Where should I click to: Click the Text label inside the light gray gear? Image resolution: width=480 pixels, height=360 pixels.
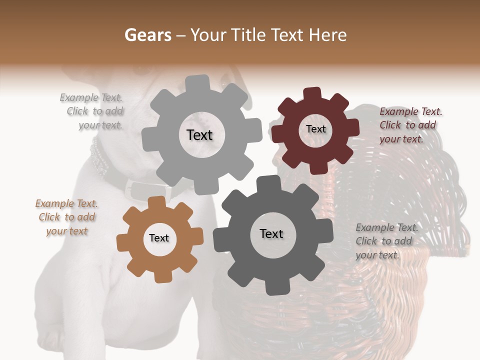coord(199,135)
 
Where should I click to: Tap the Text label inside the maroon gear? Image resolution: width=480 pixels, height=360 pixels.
coord(315,129)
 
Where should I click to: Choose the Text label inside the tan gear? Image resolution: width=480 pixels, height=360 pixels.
coord(159,238)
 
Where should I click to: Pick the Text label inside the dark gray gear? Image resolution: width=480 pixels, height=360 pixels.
coord(271,233)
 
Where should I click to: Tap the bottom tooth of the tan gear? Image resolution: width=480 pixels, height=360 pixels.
coord(160,275)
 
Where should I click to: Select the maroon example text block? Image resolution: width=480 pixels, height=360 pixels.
coord(409,125)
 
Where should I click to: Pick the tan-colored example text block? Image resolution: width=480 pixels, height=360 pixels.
coord(67,217)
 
